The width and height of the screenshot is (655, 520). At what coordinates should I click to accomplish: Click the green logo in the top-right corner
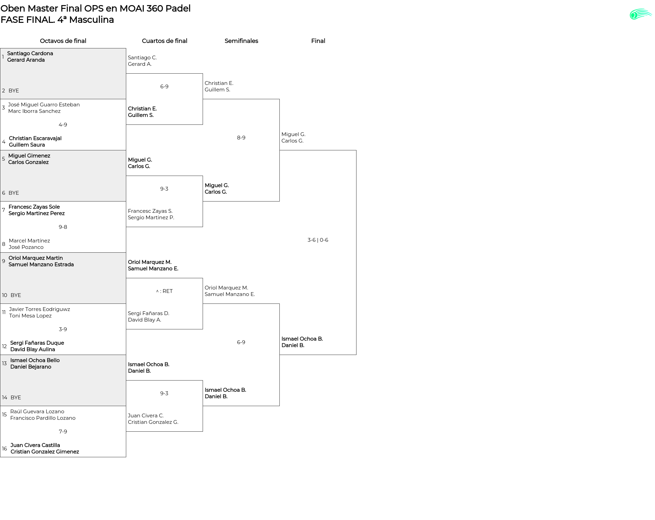coord(641,14)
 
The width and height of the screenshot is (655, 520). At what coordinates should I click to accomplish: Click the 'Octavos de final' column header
coord(63,41)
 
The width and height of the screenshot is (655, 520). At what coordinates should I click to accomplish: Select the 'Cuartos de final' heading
coord(164,41)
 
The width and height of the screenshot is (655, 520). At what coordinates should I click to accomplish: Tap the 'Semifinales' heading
coord(241,41)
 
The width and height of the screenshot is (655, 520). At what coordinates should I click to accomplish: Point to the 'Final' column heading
coord(318,41)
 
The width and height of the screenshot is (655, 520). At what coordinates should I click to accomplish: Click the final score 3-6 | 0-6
coord(318,240)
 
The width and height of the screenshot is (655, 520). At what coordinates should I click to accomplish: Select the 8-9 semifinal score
coord(241,138)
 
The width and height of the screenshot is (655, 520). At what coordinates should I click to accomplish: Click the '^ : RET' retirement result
coord(164,291)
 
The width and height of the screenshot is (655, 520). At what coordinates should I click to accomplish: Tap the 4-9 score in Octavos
coord(63,125)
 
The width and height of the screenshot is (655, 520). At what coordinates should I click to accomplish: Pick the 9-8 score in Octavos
coord(63,227)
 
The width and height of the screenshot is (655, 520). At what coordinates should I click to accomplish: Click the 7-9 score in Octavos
coord(63,432)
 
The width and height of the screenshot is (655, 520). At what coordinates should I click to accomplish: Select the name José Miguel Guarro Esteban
coord(44,105)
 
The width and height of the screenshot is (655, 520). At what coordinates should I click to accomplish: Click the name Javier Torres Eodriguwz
coord(40,309)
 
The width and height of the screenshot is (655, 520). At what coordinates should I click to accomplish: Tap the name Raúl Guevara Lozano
coord(37,412)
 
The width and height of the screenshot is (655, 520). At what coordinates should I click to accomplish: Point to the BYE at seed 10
coord(16,295)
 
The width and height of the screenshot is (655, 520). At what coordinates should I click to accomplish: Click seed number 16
coord(4,449)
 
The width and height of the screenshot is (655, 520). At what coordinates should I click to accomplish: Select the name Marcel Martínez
coord(29,241)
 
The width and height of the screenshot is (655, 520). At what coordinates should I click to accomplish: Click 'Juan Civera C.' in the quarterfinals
coord(146,416)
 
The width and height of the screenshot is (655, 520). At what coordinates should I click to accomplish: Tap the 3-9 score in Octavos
coord(63,329)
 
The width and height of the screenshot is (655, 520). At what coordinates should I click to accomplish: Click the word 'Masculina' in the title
coord(91,20)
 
